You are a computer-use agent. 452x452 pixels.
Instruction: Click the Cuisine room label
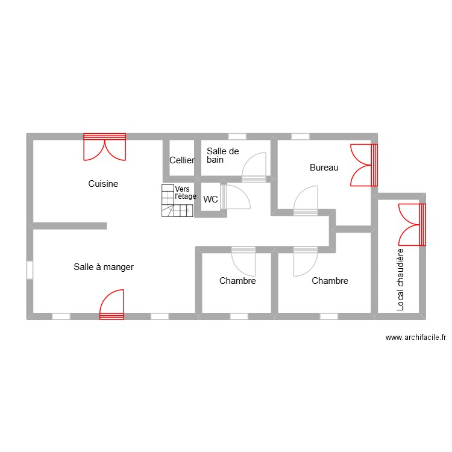pos(103,184)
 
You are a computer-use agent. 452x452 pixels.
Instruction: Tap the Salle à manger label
pos(104,266)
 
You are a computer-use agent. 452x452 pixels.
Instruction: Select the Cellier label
pos(182,160)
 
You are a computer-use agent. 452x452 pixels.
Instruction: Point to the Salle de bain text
pos(222,155)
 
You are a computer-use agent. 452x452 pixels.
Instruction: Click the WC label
pos(210,199)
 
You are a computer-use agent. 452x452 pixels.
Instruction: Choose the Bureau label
pos(324,168)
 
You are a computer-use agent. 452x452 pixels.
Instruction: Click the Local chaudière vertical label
pos(400,280)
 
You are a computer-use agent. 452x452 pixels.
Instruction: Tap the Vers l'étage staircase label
pos(185,192)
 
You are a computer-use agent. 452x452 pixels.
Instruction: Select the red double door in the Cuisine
pos(105,146)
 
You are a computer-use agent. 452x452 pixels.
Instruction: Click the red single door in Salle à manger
pos(112,304)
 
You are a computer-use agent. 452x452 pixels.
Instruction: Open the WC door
pos(234,197)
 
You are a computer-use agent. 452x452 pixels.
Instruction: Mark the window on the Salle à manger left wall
pos(30,269)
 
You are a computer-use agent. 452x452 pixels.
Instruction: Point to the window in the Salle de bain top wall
pos(237,136)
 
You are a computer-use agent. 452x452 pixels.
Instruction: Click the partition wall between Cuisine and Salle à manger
pos(69,226)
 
